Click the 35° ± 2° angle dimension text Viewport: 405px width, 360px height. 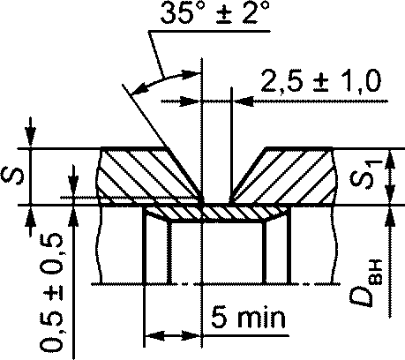coord(215,13)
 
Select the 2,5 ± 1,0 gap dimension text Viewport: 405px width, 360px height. coord(321,81)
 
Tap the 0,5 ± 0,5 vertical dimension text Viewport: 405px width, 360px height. coord(52,292)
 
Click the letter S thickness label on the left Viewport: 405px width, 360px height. coord(12,176)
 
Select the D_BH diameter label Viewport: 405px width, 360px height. coord(366,283)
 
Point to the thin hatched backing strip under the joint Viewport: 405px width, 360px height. coord(216,214)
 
